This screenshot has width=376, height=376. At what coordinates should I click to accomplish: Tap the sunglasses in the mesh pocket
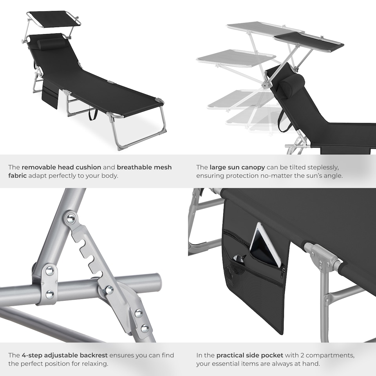[x=240, y=258]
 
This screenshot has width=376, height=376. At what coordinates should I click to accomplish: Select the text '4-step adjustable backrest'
[x=62, y=355]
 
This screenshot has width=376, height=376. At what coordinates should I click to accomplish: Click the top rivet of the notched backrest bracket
[x=70, y=219]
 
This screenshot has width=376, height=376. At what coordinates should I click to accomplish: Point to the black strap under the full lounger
[x=93, y=114]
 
